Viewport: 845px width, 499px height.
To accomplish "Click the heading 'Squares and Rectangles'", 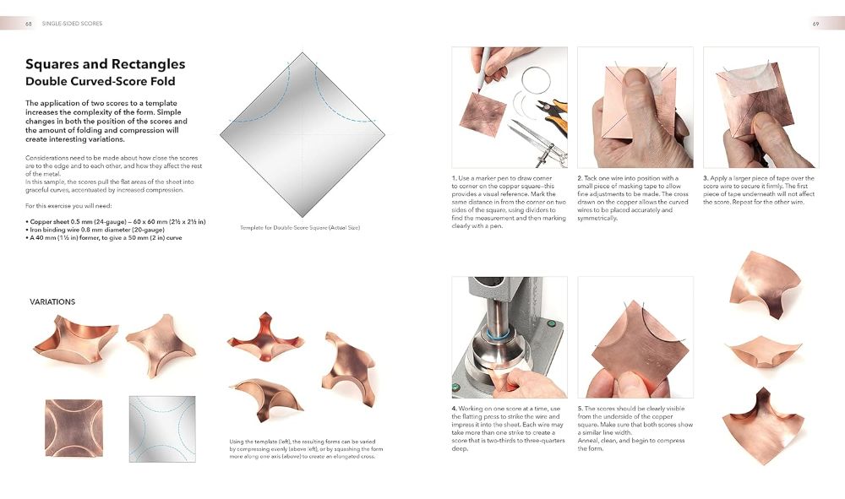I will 105,64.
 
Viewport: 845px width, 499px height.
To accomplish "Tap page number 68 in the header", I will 29,24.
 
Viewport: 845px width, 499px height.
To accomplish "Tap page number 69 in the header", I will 815,24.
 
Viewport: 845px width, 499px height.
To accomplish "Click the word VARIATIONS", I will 52,301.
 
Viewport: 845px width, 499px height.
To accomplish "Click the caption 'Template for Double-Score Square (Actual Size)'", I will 300,228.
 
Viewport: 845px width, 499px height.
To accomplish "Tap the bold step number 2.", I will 580,178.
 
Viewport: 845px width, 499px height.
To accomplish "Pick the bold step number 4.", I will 454,409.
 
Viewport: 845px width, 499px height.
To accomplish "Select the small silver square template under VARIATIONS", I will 162,429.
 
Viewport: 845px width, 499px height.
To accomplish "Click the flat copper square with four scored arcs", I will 75,429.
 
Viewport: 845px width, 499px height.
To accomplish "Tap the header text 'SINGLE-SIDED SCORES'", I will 72,24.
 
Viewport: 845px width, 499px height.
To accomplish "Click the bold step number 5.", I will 580,409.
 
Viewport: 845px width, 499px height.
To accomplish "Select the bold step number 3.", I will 705,178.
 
